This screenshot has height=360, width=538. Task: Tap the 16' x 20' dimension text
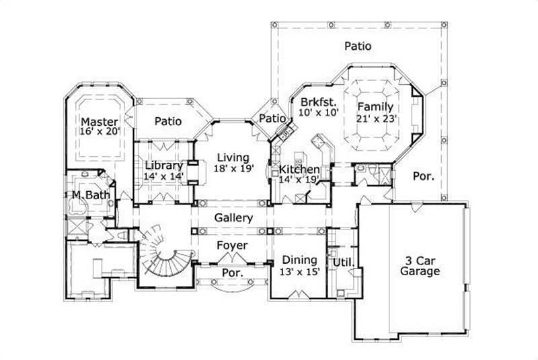pos(100,132)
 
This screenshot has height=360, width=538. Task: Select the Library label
pos(163,166)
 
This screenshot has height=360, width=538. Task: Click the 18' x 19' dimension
pos(234,168)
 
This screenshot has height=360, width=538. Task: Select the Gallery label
pos(233,218)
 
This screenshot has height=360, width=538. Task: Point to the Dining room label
pos(300,260)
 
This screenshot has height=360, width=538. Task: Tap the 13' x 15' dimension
pos(300,271)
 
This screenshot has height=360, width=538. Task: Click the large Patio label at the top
pos(358,46)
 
